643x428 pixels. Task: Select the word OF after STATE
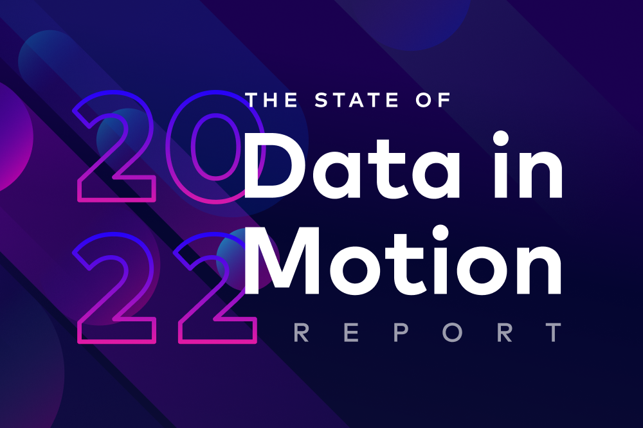click(x=435, y=100)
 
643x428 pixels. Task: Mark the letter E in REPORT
click(x=347, y=334)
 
